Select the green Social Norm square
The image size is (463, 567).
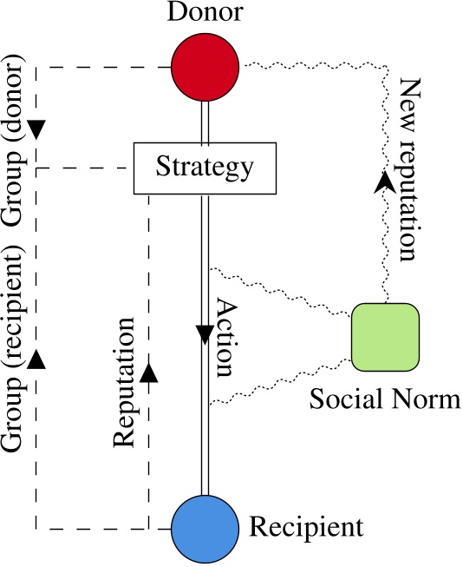tap(386, 336)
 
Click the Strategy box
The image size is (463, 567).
tap(205, 167)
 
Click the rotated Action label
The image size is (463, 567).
tap(225, 339)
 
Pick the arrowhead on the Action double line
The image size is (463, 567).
tap(205, 334)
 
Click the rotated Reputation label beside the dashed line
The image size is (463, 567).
tap(125, 382)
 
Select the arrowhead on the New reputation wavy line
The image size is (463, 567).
tap(382, 181)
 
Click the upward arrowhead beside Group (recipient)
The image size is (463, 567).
tap(36, 357)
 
